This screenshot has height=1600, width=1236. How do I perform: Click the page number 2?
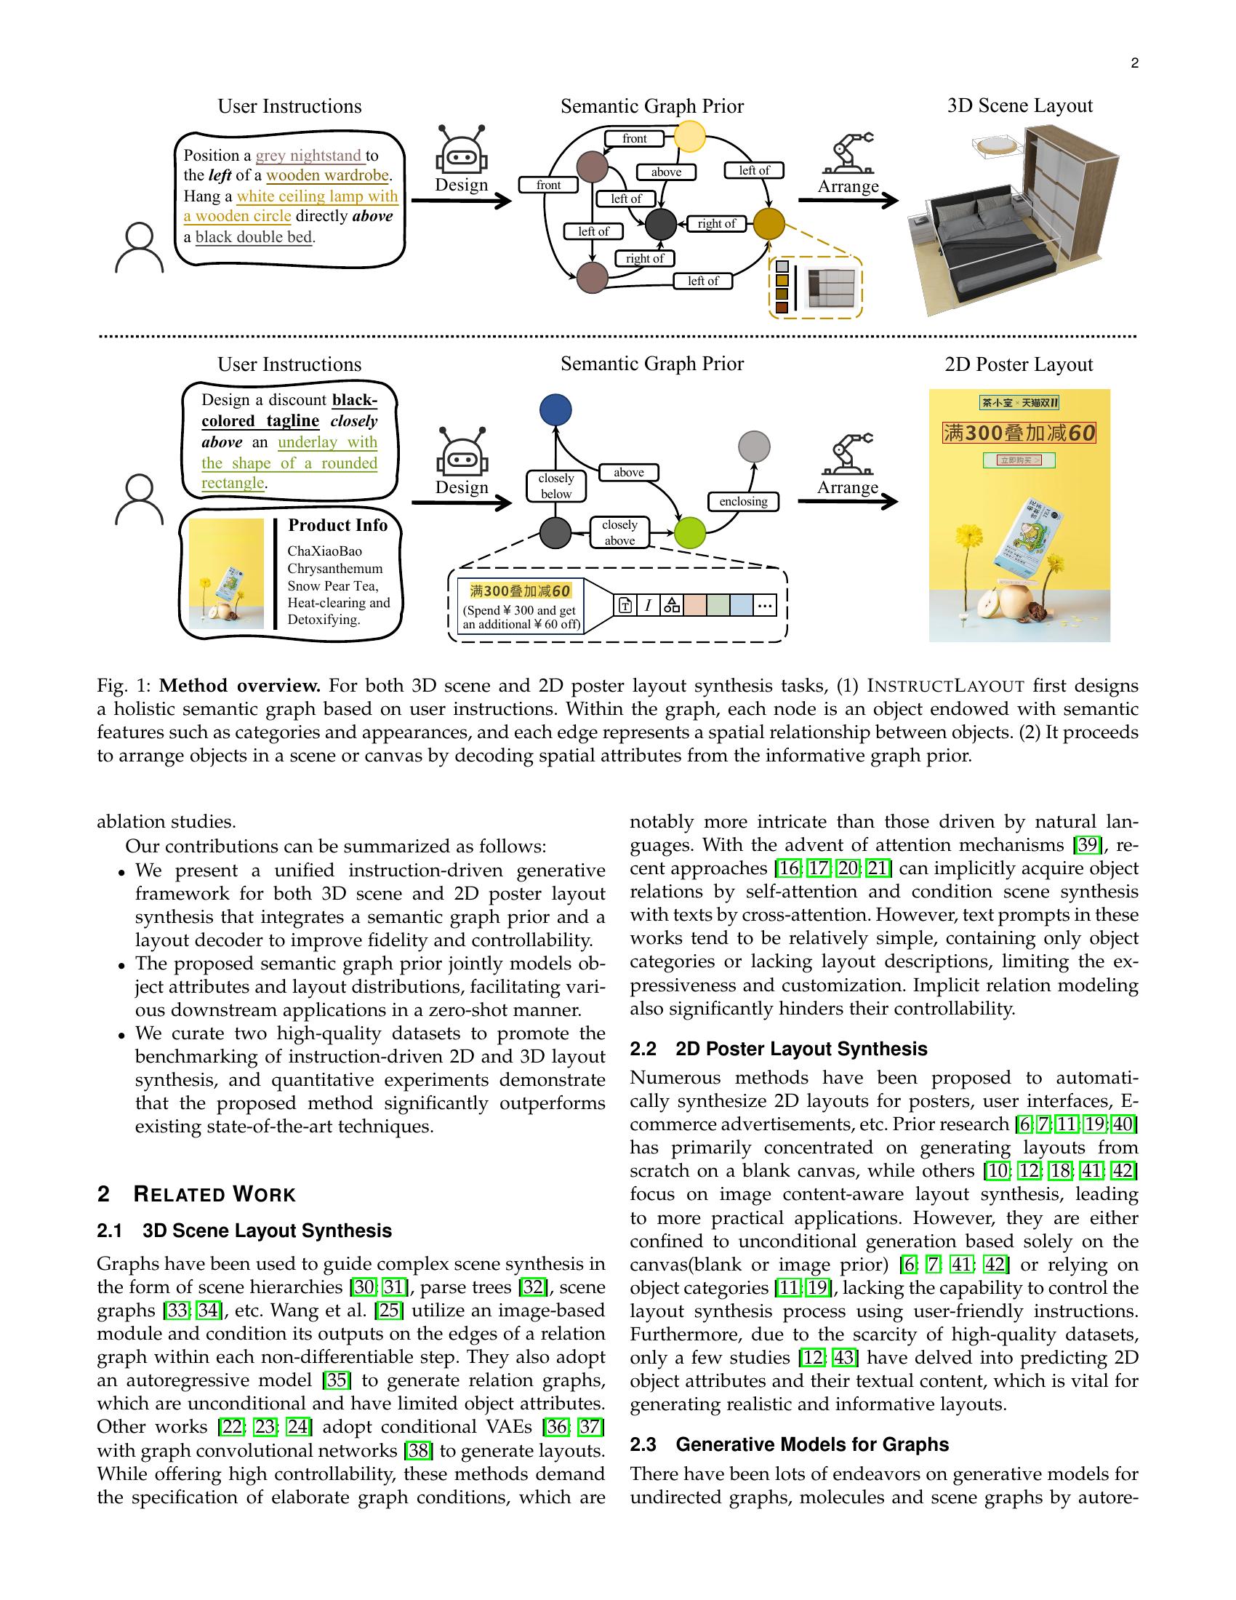(x=1134, y=64)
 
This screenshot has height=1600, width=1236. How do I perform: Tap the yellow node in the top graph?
(x=689, y=136)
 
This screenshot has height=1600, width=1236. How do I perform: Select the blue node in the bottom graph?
(x=555, y=410)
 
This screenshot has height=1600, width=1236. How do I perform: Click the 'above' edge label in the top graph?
(x=665, y=172)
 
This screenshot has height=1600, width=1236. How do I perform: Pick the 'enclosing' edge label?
(x=743, y=502)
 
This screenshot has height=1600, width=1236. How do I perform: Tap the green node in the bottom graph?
(x=689, y=532)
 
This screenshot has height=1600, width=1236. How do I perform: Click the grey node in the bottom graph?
(x=753, y=446)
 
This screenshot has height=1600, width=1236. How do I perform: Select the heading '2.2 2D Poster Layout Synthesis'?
(x=778, y=1049)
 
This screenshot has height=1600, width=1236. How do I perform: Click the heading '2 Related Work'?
(x=196, y=1195)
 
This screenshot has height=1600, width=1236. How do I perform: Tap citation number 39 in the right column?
(x=1088, y=845)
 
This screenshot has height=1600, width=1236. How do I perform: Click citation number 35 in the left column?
(x=337, y=1380)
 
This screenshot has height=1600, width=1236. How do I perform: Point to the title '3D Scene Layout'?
(x=1019, y=106)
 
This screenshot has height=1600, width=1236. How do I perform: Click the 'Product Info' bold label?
(x=337, y=525)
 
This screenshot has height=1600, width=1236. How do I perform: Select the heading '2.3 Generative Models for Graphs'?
(x=789, y=1444)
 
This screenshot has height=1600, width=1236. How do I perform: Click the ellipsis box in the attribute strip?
(x=764, y=605)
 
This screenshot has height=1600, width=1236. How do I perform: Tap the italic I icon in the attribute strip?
(x=648, y=605)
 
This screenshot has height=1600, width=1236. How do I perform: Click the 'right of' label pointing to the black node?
(x=716, y=223)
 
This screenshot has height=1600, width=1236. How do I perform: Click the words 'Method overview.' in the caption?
(x=240, y=687)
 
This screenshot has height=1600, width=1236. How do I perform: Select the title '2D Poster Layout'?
(x=1019, y=365)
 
